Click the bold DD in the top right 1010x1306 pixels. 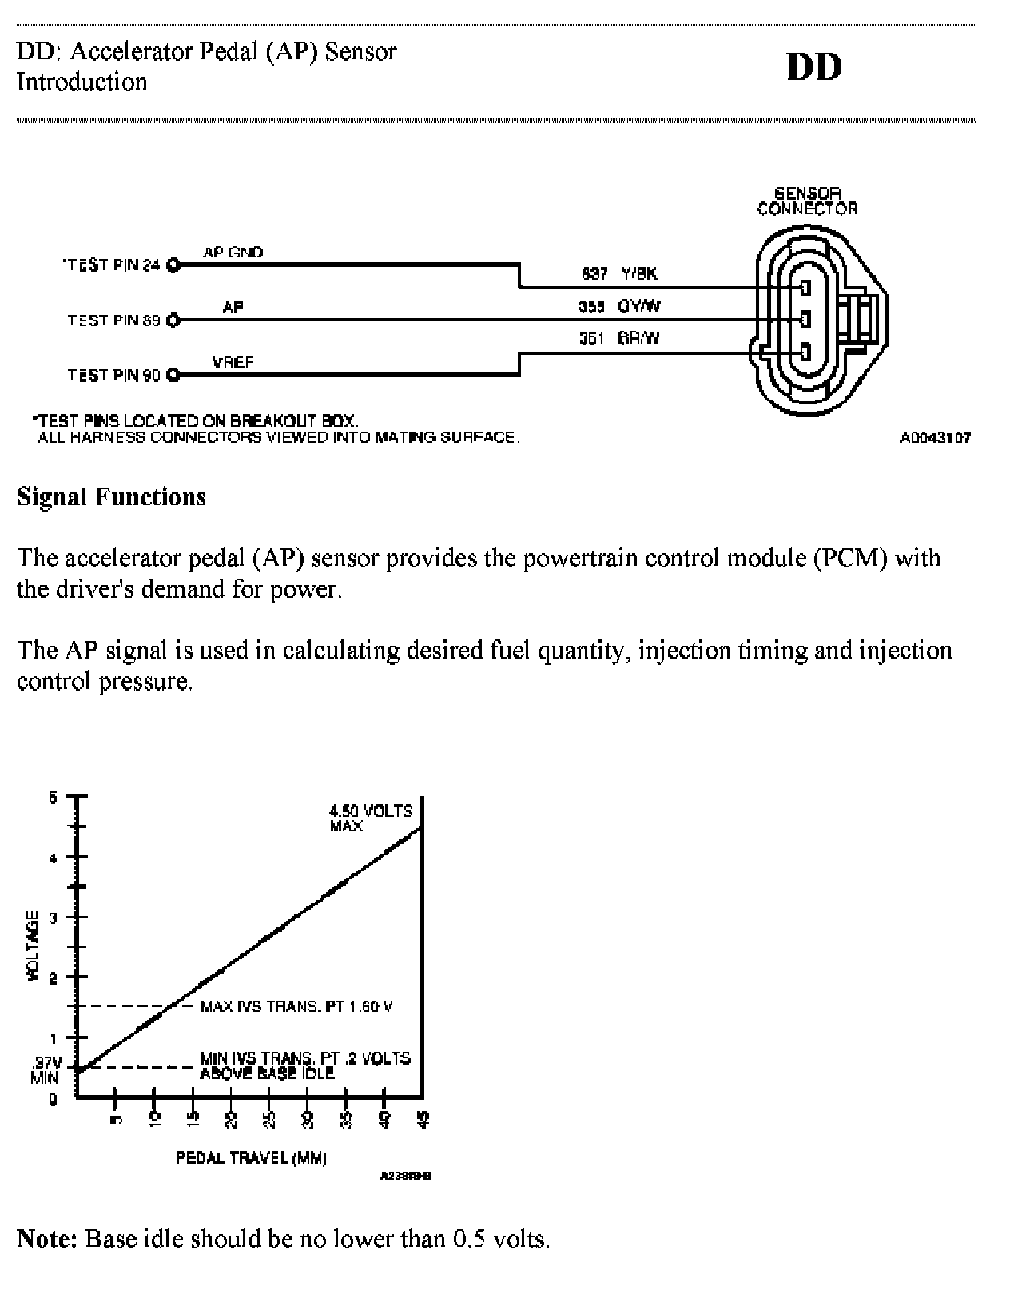point(814,68)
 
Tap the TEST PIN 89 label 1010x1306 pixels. point(113,321)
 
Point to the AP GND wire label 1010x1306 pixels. point(233,253)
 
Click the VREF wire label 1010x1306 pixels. point(233,362)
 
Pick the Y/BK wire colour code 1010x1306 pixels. point(639,274)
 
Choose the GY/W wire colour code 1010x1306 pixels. point(639,306)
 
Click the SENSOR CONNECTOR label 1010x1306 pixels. point(807,201)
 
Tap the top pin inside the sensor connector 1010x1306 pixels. point(805,288)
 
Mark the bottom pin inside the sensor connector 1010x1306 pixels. point(805,352)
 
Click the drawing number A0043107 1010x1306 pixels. point(935,438)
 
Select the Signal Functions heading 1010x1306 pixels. point(111,497)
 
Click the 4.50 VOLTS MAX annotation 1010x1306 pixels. point(371,818)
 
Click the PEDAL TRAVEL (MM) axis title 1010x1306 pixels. point(251,1157)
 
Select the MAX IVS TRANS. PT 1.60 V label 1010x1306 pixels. point(296,1006)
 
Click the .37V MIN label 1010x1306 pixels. point(46,1069)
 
